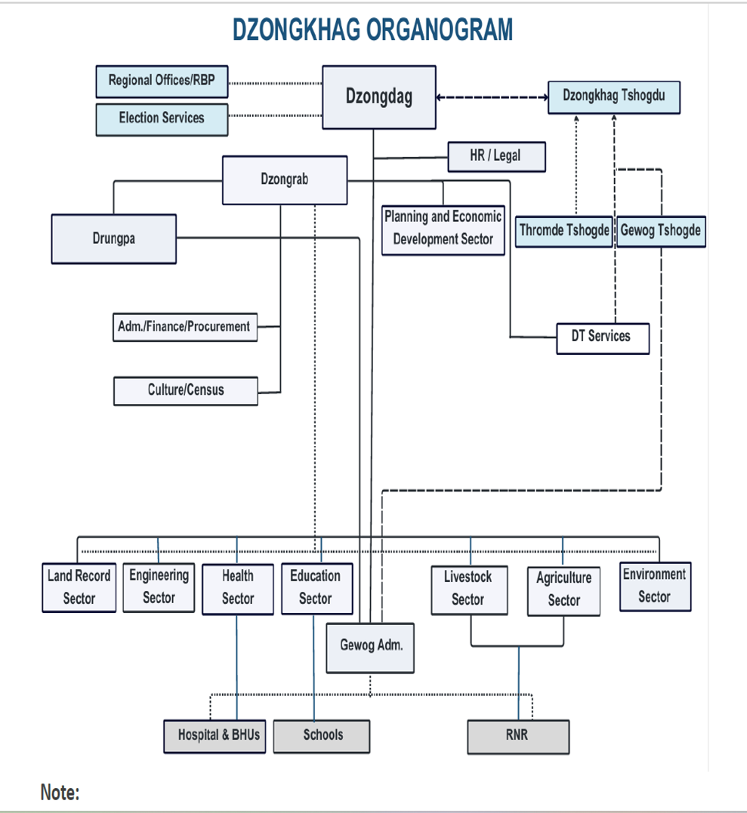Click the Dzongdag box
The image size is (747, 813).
click(x=378, y=97)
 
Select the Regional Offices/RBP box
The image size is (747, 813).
click(x=162, y=81)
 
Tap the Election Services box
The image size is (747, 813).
click(x=162, y=119)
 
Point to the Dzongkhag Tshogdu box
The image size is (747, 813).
click(x=613, y=97)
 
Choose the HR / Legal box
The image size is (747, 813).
click(x=496, y=156)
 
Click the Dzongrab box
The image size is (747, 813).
click(x=285, y=180)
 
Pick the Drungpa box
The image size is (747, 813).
click(x=114, y=239)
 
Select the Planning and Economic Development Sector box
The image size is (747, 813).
click(x=443, y=228)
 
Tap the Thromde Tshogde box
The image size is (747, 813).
click(x=564, y=230)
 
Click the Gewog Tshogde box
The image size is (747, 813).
click(x=661, y=230)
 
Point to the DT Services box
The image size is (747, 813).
click(x=601, y=337)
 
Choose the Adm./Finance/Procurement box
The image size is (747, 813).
click(x=184, y=327)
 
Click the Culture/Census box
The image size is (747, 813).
click(x=186, y=390)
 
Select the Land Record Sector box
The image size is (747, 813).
click(x=79, y=587)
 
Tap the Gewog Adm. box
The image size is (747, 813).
click(x=371, y=646)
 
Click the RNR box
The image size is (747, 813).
click(x=518, y=735)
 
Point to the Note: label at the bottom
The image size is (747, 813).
click(x=60, y=793)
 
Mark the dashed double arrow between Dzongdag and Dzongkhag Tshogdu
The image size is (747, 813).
click(x=492, y=97)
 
